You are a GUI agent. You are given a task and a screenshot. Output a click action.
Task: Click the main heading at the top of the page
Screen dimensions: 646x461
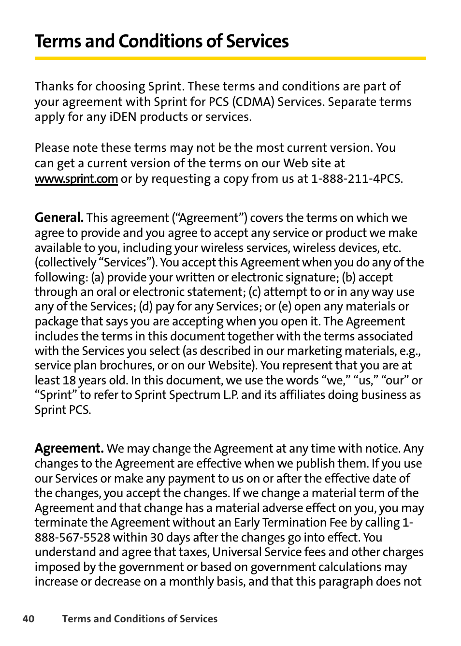pos(161,42)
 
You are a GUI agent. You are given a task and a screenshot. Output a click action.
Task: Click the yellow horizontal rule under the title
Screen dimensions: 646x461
pos(230,59)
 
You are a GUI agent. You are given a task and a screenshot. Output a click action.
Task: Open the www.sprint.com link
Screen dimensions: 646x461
pos(76,179)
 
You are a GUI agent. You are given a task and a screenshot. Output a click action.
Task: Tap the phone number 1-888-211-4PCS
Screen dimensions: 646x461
pos(356,179)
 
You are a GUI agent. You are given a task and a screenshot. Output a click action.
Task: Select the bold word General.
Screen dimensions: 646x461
pos(59,218)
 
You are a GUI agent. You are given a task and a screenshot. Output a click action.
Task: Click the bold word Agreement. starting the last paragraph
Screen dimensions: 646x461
pos(69,448)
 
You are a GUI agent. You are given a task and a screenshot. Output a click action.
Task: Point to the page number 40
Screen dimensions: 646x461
pos(29,619)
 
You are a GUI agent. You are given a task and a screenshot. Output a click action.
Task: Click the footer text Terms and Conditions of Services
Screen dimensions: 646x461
pos(140,619)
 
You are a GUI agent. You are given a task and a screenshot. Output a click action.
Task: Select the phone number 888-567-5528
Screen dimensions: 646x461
pos(72,538)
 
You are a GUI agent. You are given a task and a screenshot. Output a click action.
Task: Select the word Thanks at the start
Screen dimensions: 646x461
pos(54,87)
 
